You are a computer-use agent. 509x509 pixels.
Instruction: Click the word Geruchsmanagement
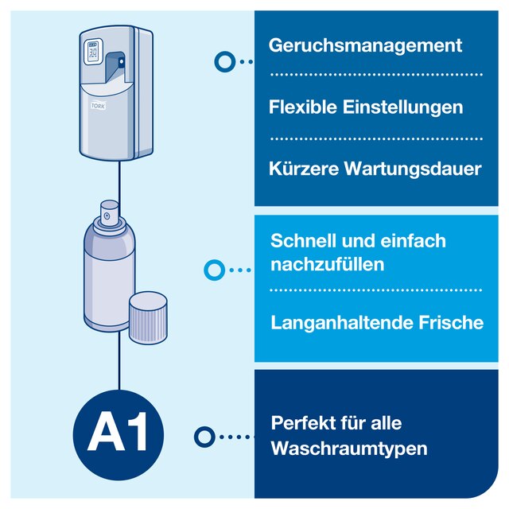(x=365, y=46)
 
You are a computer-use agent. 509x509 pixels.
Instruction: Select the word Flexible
(x=302, y=107)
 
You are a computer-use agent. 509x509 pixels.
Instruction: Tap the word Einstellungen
(x=403, y=108)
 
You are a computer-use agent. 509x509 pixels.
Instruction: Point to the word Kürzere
(x=304, y=169)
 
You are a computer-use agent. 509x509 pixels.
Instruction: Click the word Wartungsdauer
(x=413, y=169)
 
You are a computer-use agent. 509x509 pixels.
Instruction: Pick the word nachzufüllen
(x=327, y=264)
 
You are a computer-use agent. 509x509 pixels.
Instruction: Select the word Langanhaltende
(x=341, y=324)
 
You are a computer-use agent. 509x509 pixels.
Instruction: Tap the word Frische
(x=451, y=322)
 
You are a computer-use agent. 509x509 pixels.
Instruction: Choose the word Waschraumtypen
(x=349, y=449)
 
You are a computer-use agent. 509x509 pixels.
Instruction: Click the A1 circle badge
(x=119, y=435)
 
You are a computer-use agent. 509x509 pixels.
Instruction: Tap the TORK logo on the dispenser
(x=98, y=106)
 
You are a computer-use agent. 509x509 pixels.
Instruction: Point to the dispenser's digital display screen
(x=93, y=52)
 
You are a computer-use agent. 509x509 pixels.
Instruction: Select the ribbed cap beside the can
(x=148, y=318)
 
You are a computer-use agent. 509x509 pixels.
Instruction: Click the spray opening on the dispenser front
(x=121, y=62)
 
